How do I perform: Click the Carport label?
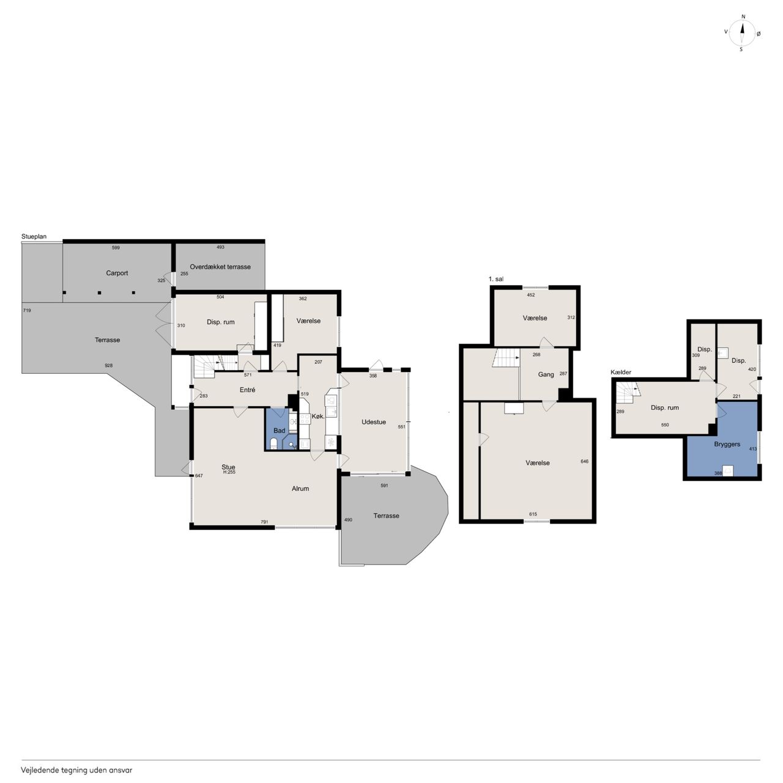pyautogui.click(x=117, y=273)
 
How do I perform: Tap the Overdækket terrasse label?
pyautogui.click(x=220, y=267)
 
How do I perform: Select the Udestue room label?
pyautogui.click(x=374, y=422)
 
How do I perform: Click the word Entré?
pyautogui.click(x=248, y=390)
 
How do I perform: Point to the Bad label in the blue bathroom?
pyautogui.click(x=279, y=431)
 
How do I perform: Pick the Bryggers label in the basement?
pyautogui.click(x=727, y=445)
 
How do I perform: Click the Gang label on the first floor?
pyautogui.click(x=546, y=374)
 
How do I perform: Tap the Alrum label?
pyautogui.click(x=300, y=489)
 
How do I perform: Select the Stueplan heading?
pyautogui.click(x=34, y=237)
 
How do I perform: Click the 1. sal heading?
pyautogui.click(x=495, y=279)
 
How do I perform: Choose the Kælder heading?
pyautogui.click(x=621, y=372)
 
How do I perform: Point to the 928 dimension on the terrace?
pyautogui.click(x=108, y=366)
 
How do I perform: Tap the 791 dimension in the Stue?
pyautogui.click(x=264, y=522)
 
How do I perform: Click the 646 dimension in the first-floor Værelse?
pyautogui.click(x=585, y=462)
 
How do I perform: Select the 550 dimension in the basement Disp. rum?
pyautogui.click(x=665, y=425)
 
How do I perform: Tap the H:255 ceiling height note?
pyautogui.click(x=229, y=472)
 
